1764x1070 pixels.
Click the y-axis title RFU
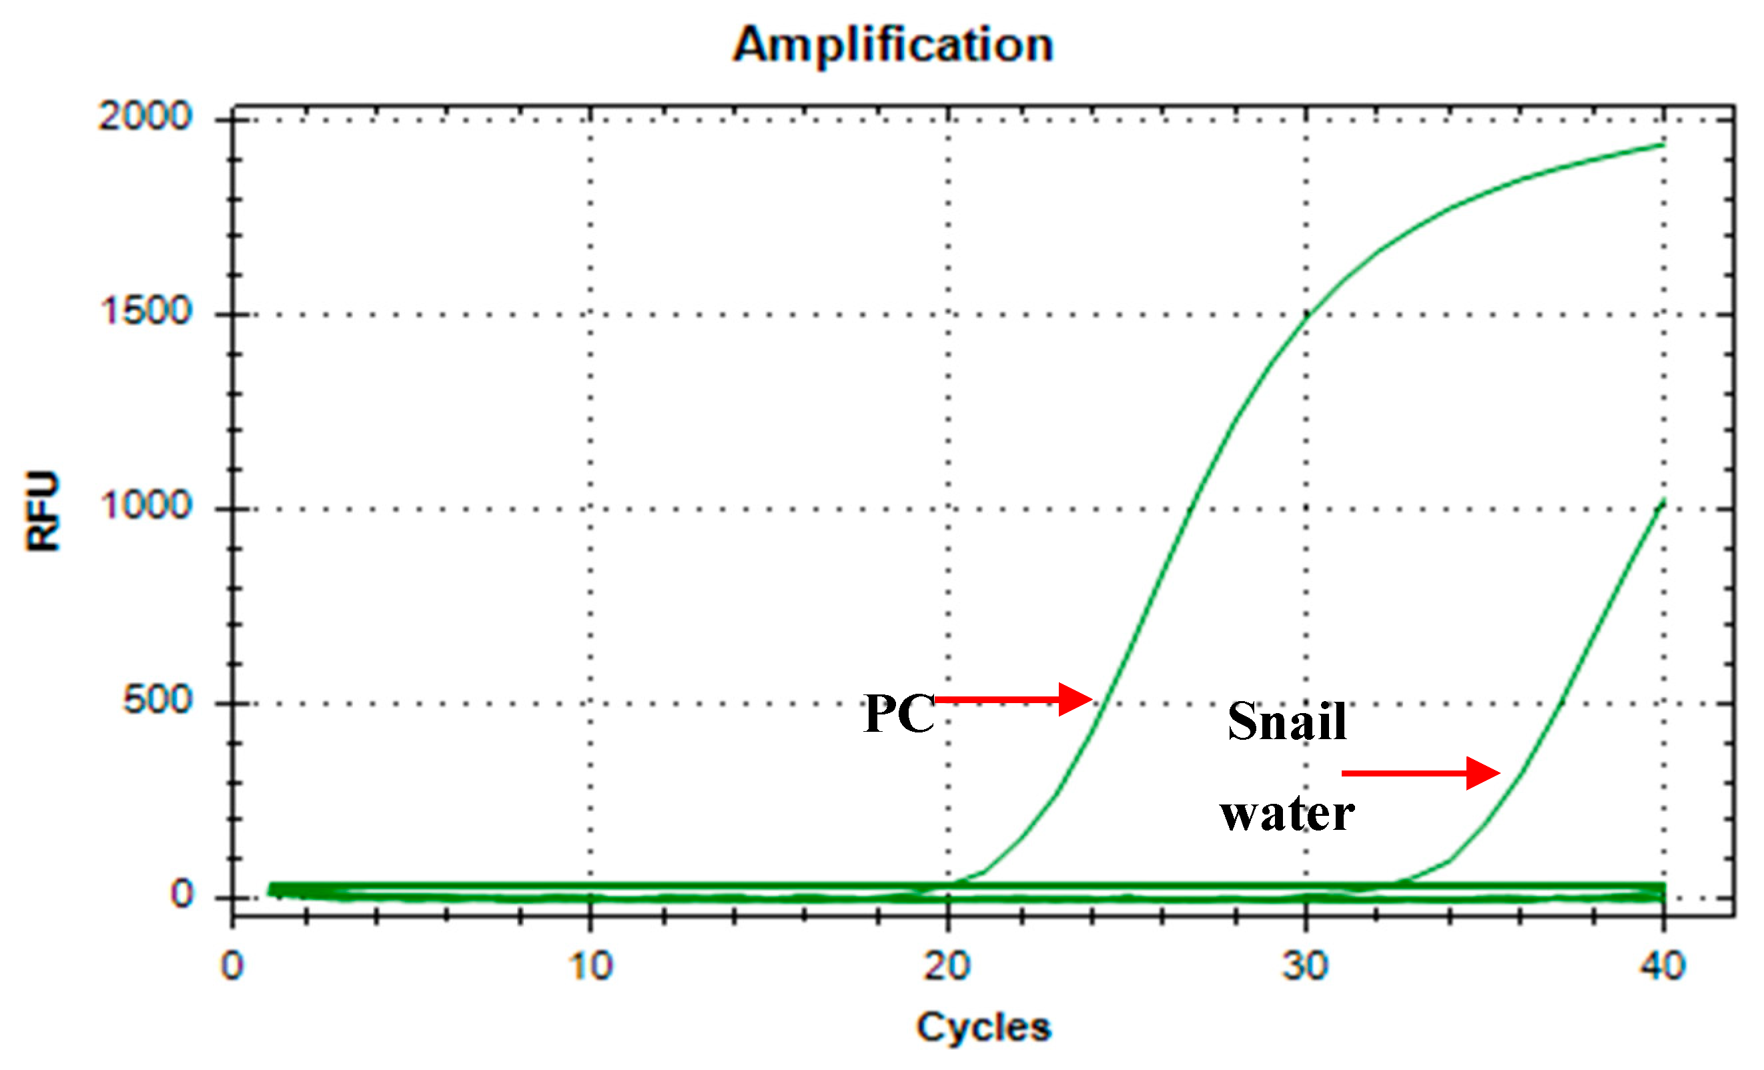[x=43, y=511]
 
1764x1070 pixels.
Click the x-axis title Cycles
[x=983, y=1027]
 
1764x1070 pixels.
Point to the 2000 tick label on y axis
[x=145, y=116]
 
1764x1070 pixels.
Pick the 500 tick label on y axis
[x=157, y=700]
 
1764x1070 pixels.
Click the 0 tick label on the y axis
[x=182, y=895]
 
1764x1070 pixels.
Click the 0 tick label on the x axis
[x=232, y=966]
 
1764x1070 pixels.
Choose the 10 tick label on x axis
[x=590, y=966]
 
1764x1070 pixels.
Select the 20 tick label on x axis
[x=947, y=966]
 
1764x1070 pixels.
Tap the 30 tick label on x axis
[x=1304, y=966]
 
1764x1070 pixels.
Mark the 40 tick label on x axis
[x=1663, y=966]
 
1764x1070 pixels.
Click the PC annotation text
[x=899, y=714]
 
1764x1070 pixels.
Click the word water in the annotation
[x=1287, y=815]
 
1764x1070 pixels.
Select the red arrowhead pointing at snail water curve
[x=1482, y=773]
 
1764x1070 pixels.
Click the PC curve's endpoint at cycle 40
[x=1663, y=145]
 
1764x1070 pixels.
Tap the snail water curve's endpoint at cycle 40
[x=1663, y=501]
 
